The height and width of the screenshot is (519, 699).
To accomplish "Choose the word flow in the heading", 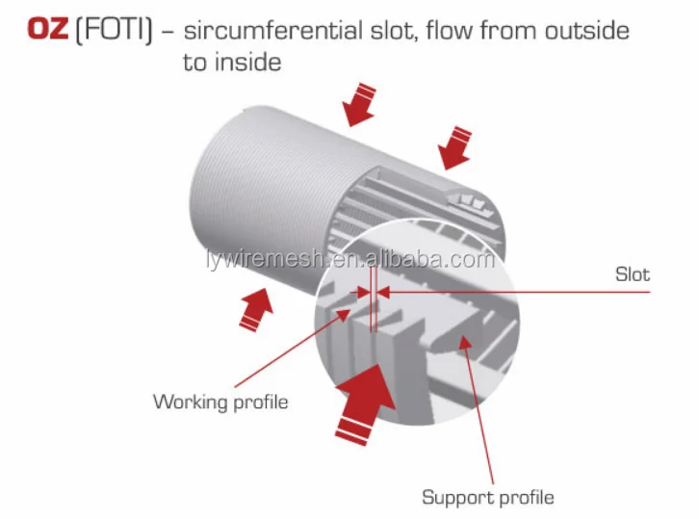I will pos(425,30).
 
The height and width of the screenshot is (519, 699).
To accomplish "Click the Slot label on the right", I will pos(632,274).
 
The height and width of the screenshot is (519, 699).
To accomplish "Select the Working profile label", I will pos(220,402).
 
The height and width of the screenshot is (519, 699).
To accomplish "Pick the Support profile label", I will pos(487,497).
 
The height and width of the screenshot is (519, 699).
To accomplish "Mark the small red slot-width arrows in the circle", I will pos(371,290).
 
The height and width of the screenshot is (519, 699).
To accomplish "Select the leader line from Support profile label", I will pos(481,414).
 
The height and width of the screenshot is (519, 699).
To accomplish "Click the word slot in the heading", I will pos(381,30).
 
